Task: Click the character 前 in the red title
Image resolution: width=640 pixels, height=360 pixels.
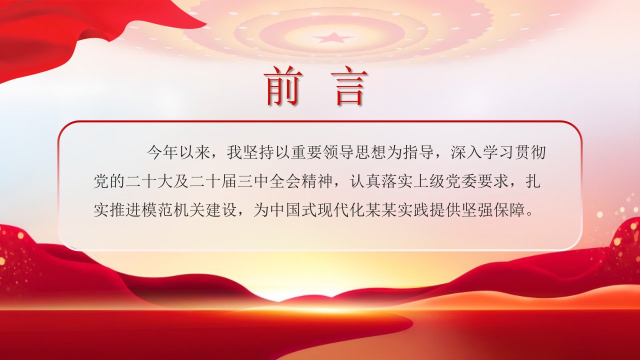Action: [x=283, y=86]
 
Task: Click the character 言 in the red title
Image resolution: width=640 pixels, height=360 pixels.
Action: [x=349, y=86]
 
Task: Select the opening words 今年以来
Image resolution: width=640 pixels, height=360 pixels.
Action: [x=179, y=153]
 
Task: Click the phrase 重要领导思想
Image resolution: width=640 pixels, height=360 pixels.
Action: [x=339, y=153]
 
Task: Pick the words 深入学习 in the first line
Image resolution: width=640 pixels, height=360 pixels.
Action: [x=483, y=153]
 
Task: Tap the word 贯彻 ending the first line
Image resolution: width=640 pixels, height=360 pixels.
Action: [x=531, y=153]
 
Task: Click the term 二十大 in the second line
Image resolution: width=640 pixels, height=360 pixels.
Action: [x=149, y=181]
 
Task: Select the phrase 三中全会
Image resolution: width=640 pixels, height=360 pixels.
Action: [x=269, y=181]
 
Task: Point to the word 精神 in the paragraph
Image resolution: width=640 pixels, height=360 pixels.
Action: [x=317, y=181]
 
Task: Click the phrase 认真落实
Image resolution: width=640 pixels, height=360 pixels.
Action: [x=381, y=181]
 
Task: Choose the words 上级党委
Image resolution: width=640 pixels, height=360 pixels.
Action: [x=445, y=181]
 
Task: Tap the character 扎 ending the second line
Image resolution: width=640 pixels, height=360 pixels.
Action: [x=533, y=181]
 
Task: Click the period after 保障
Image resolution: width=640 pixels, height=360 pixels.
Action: [x=529, y=215]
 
